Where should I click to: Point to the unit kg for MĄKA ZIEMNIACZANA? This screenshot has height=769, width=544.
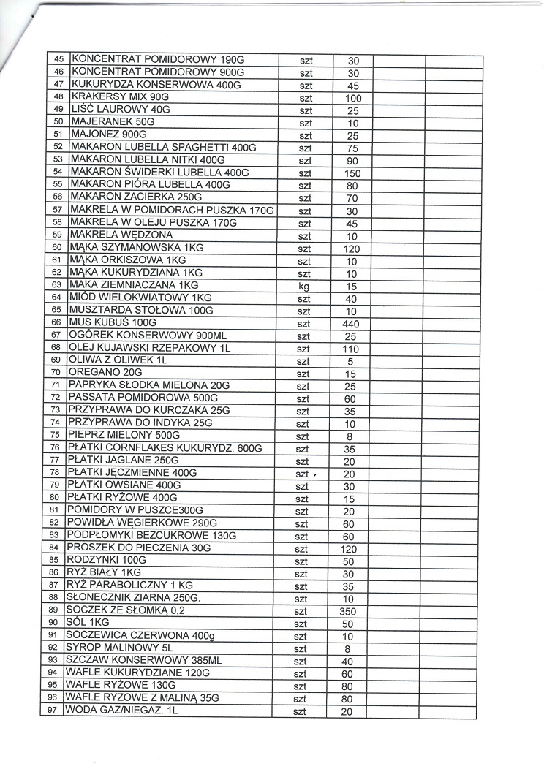[x=304, y=287]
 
